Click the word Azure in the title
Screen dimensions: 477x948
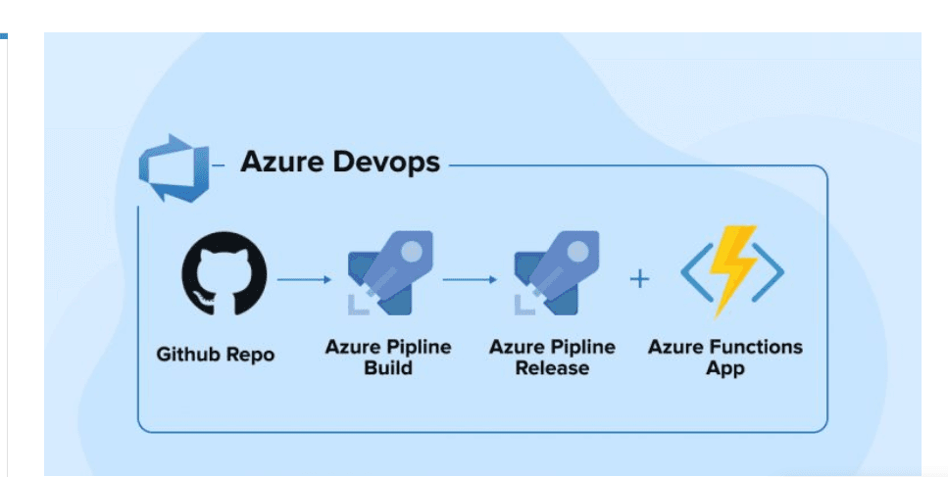[x=278, y=161]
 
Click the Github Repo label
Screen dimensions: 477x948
[x=216, y=355]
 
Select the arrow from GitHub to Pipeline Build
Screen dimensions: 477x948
[x=305, y=279]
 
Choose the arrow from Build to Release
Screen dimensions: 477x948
[x=471, y=279]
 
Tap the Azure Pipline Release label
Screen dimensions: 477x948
[x=553, y=358]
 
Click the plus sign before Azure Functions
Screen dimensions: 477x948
[x=639, y=279]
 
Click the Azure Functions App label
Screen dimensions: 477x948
[x=724, y=358]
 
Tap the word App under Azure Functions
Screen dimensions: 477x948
[x=724, y=369]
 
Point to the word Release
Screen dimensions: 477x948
[x=553, y=369]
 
